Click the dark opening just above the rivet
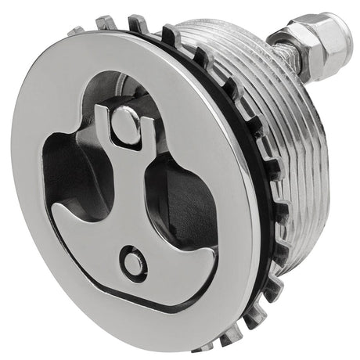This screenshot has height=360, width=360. click(x=110, y=90)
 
